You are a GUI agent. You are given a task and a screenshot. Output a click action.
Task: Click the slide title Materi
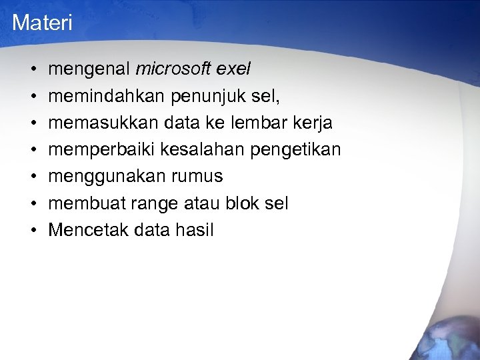tap(42, 23)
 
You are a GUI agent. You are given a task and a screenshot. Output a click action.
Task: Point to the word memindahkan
tap(108, 96)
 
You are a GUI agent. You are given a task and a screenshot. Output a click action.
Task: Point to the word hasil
tap(195, 230)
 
